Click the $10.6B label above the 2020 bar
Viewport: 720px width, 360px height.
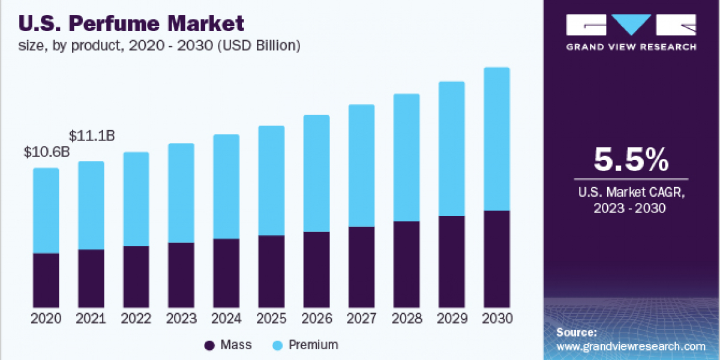[x=47, y=152]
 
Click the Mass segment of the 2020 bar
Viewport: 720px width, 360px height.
[x=46, y=280]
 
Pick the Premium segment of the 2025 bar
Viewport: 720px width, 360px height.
[x=271, y=181]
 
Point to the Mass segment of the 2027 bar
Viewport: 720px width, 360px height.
[x=361, y=267]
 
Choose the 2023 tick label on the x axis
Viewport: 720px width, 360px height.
[x=181, y=319]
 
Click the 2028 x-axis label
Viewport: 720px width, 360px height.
[x=407, y=319]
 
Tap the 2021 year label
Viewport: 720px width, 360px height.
[x=91, y=319]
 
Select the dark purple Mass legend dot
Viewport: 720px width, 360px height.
[x=209, y=345]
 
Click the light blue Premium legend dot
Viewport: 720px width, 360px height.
[x=278, y=345]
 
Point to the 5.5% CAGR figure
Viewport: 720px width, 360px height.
[x=631, y=160]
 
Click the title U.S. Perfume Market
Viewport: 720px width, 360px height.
[x=132, y=24]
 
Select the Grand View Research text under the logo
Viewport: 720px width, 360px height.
[x=631, y=47]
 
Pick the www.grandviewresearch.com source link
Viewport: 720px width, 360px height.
[x=631, y=346]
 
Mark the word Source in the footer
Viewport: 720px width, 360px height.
[x=576, y=332]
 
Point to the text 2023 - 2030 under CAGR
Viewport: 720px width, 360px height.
[x=631, y=208]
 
